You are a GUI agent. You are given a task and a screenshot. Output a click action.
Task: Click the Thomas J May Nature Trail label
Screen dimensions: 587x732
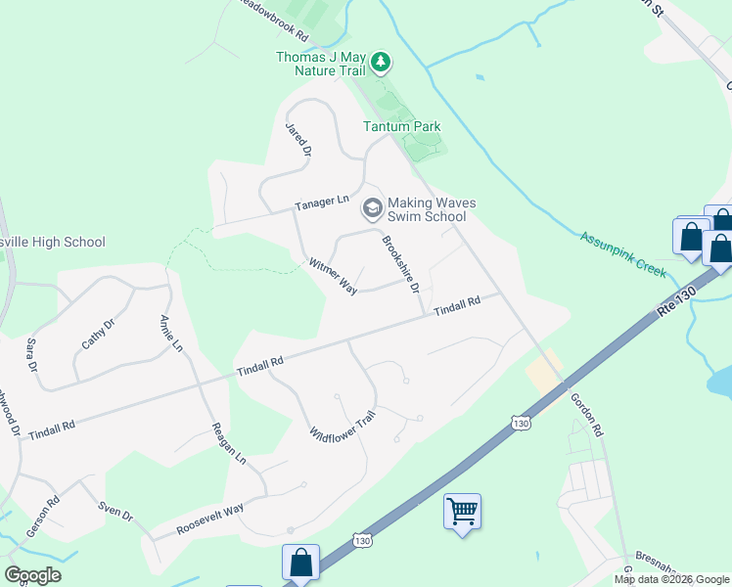point(320,64)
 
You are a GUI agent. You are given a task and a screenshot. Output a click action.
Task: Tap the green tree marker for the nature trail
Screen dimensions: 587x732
point(381,65)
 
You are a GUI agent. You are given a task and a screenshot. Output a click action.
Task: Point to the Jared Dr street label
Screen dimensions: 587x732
point(297,140)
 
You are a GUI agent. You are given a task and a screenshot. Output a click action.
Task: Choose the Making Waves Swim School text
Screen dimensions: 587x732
point(432,209)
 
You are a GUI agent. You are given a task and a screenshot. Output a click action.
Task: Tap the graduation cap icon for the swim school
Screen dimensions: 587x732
point(372,207)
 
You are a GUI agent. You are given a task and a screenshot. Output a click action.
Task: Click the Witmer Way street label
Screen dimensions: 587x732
point(333,276)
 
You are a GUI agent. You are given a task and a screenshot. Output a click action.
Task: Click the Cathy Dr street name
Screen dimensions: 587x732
point(94,336)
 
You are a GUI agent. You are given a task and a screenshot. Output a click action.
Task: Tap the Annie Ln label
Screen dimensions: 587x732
point(170,333)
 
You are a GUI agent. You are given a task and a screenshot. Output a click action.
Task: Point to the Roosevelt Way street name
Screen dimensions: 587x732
point(209,519)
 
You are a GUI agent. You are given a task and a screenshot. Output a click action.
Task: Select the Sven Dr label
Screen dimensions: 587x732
point(114,512)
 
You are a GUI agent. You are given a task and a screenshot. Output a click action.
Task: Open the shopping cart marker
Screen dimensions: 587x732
point(462,511)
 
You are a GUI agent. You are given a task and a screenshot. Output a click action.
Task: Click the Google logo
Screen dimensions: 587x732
point(32,575)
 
